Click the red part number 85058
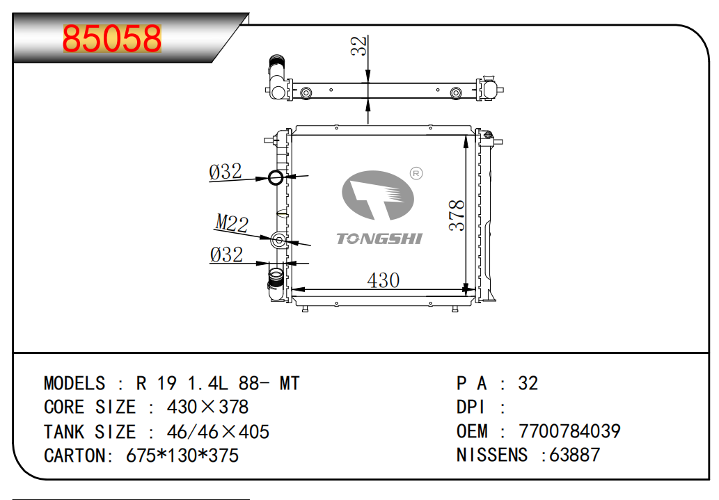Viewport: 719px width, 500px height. (112, 38)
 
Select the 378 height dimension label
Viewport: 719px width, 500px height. (457, 215)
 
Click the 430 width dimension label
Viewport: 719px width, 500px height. (384, 280)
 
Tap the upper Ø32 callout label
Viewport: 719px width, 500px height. (225, 172)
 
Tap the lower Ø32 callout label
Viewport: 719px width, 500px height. (226, 255)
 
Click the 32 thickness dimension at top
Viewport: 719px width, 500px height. (359, 46)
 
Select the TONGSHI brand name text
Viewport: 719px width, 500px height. (379, 239)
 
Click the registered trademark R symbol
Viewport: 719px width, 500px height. (416, 173)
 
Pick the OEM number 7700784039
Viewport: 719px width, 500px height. (569, 431)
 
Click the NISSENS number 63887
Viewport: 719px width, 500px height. (574, 455)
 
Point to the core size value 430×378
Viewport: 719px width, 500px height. (207, 407)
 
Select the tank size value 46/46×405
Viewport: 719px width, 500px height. (218, 432)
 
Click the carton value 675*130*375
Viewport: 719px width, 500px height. (182, 455)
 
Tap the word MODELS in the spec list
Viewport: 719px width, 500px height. (74, 383)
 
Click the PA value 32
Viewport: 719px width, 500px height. (528, 383)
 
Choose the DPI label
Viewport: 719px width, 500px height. (471, 407)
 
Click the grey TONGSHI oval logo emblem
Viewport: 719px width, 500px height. (377, 195)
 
